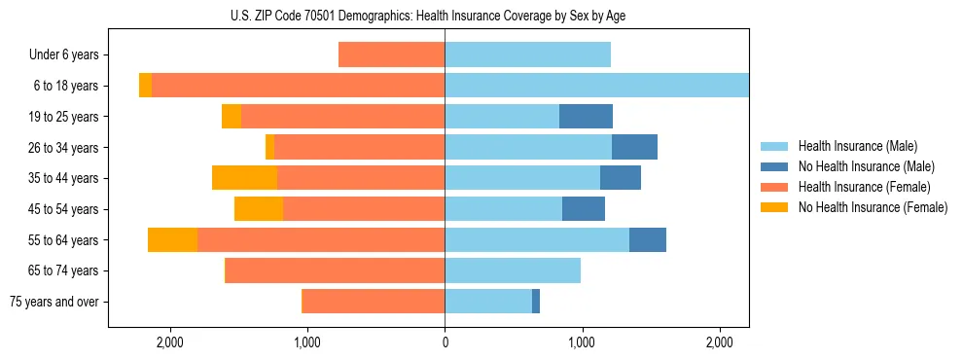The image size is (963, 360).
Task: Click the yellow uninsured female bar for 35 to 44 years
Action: (x=244, y=178)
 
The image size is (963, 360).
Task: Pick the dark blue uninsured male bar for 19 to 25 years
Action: (x=586, y=117)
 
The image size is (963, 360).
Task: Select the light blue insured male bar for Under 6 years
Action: (x=527, y=55)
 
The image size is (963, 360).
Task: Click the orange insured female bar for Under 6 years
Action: (x=391, y=55)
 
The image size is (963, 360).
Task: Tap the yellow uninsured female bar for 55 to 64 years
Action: (x=172, y=239)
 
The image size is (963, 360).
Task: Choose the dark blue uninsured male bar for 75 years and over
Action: (x=536, y=302)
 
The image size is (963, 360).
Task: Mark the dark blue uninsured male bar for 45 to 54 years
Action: (x=584, y=209)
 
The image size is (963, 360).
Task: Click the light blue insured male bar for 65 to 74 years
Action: (x=513, y=270)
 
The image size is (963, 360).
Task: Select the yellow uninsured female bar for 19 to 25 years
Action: (x=232, y=117)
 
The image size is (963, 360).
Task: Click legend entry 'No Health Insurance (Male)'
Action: (x=866, y=166)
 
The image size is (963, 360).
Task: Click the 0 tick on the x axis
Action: (x=445, y=342)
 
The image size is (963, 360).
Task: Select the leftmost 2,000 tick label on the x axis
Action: (x=169, y=342)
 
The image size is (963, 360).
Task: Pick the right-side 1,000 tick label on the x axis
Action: (x=582, y=342)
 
